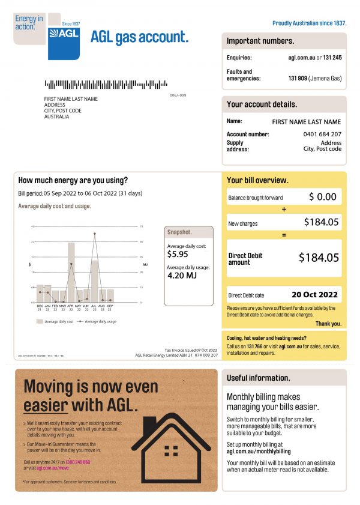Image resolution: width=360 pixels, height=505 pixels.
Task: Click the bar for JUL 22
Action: [94, 282]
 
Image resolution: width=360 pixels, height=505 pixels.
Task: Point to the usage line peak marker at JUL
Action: [94, 234]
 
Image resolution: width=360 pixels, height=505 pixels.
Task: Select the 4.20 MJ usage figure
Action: [180, 277]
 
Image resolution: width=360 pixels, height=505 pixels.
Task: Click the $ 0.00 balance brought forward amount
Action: [323, 197]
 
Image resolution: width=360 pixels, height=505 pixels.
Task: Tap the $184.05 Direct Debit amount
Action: [319, 258]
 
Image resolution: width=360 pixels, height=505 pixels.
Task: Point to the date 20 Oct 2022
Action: [314, 295]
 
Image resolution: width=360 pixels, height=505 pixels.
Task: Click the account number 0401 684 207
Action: [322, 134]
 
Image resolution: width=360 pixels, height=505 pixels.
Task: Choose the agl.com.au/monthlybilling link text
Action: [258, 451]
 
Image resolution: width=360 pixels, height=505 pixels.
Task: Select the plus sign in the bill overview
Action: [284, 210]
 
